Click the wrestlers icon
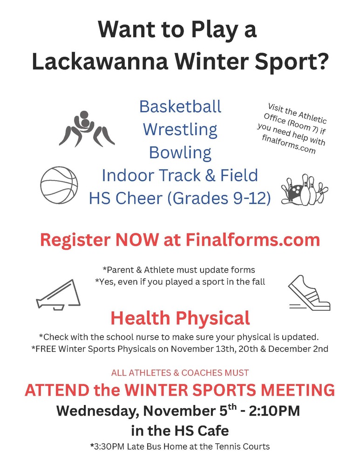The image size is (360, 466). pyautogui.click(x=87, y=129)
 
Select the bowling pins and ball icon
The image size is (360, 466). pyautogui.click(x=304, y=191)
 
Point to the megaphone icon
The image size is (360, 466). pyautogui.click(x=56, y=295)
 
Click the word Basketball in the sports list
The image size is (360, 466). pyautogui.click(x=180, y=107)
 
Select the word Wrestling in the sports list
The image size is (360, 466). pyautogui.click(x=180, y=129)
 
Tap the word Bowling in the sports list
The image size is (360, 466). pyautogui.click(x=180, y=152)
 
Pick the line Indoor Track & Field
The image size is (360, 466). pyautogui.click(x=180, y=175)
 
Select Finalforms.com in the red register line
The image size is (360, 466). pyautogui.click(x=252, y=240)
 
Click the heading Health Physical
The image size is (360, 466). pyautogui.click(x=180, y=318)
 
